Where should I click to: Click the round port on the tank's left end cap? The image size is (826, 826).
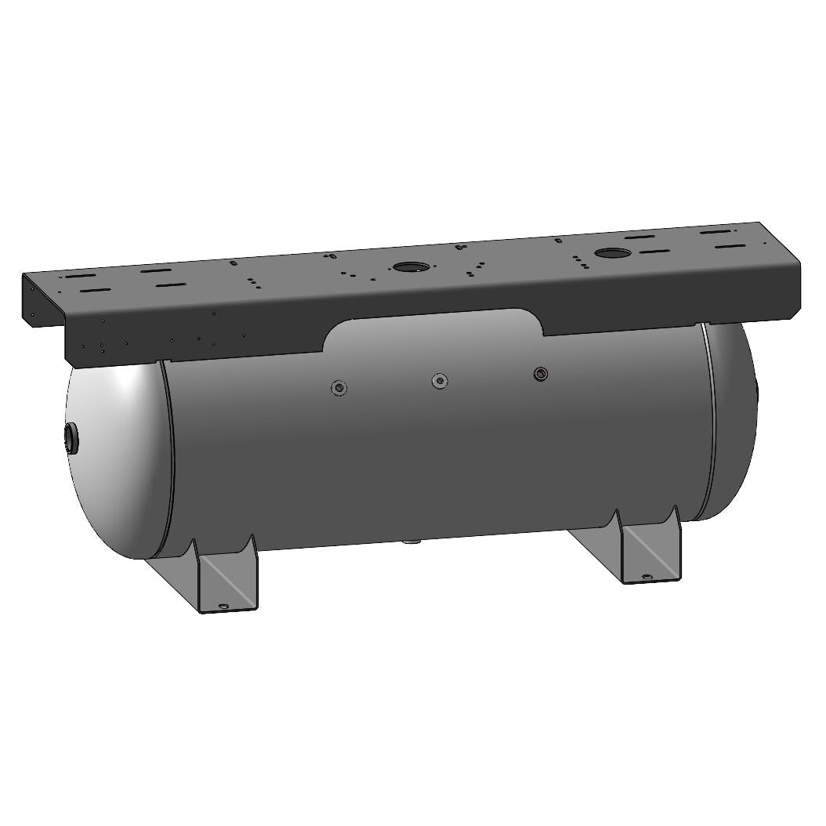[x=71, y=437]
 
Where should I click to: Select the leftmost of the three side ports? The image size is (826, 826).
[x=339, y=387]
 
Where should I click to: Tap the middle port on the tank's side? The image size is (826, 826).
[x=441, y=381]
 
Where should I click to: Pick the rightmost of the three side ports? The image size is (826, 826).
[x=540, y=374]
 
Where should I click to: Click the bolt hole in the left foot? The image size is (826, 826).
[x=223, y=607]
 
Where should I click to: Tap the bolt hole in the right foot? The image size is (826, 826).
[x=647, y=578]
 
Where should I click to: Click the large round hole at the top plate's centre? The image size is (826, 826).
[x=410, y=266]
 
